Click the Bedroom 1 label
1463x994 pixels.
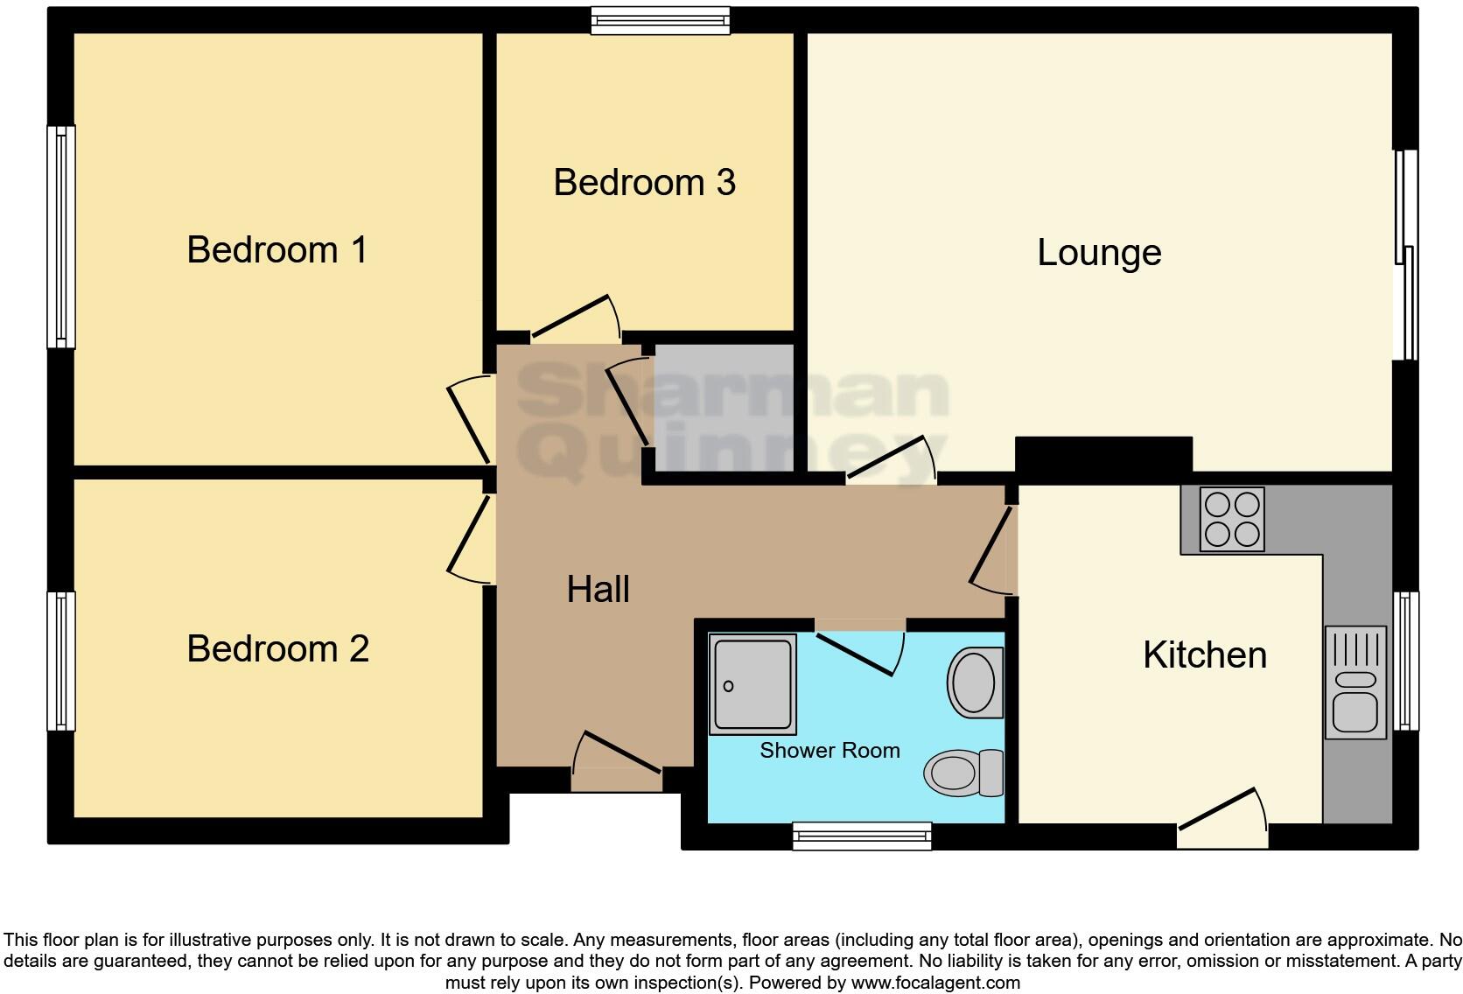pyautogui.click(x=276, y=250)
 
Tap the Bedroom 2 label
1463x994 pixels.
pyautogui.click(x=277, y=649)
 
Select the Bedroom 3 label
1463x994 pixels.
pyautogui.click(x=644, y=183)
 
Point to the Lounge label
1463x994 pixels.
pyautogui.click(x=1099, y=253)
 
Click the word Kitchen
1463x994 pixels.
pyautogui.click(x=1204, y=655)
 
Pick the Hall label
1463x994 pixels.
pyautogui.click(x=598, y=590)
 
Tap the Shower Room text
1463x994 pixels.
pyautogui.click(x=829, y=751)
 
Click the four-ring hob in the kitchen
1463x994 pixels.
pyautogui.click(x=1231, y=519)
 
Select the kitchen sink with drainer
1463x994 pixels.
pyautogui.click(x=1355, y=682)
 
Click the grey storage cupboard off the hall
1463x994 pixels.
pyautogui.click(x=724, y=408)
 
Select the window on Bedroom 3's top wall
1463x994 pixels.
pyautogui.click(x=660, y=20)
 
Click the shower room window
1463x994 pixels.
pyautogui.click(x=862, y=836)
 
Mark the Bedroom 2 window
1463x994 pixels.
pyautogui.click(x=60, y=661)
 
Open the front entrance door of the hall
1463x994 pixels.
pyautogui.click(x=617, y=770)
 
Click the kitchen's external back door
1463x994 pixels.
pyautogui.click(x=1222, y=828)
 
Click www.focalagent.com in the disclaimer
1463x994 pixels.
pyautogui.click(x=935, y=983)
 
